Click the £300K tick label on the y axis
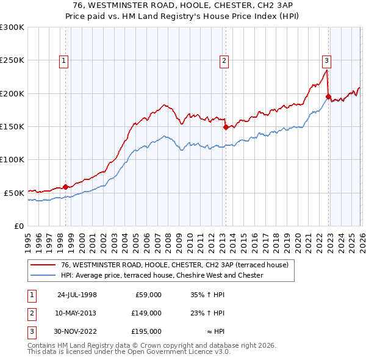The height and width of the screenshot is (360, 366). pyautogui.click(x=12, y=27)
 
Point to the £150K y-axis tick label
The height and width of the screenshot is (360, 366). pyautogui.click(x=12, y=126)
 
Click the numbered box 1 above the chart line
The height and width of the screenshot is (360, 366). pyautogui.click(x=64, y=60)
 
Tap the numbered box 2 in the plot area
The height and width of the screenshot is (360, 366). pyautogui.click(x=224, y=60)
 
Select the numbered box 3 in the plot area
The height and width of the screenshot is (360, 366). pyautogui.click(x=327, y=60)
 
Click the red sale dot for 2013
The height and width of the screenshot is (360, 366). pyautogui.click(x=225, y=127)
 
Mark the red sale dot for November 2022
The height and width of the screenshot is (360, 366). pyautogui.click(x=328, y=96)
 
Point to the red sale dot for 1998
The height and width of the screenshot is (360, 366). pyautogui.click(x=66, y=187)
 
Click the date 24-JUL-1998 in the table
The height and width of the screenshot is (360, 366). pyautogui.click(x=77, y=295)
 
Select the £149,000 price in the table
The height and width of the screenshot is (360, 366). pyautogui.click(x=146, y=313)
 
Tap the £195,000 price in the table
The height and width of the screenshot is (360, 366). pyautogui.click(x=146, y=331)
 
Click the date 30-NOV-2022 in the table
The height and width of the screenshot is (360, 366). pyautogui.click(x=77, y=331)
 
